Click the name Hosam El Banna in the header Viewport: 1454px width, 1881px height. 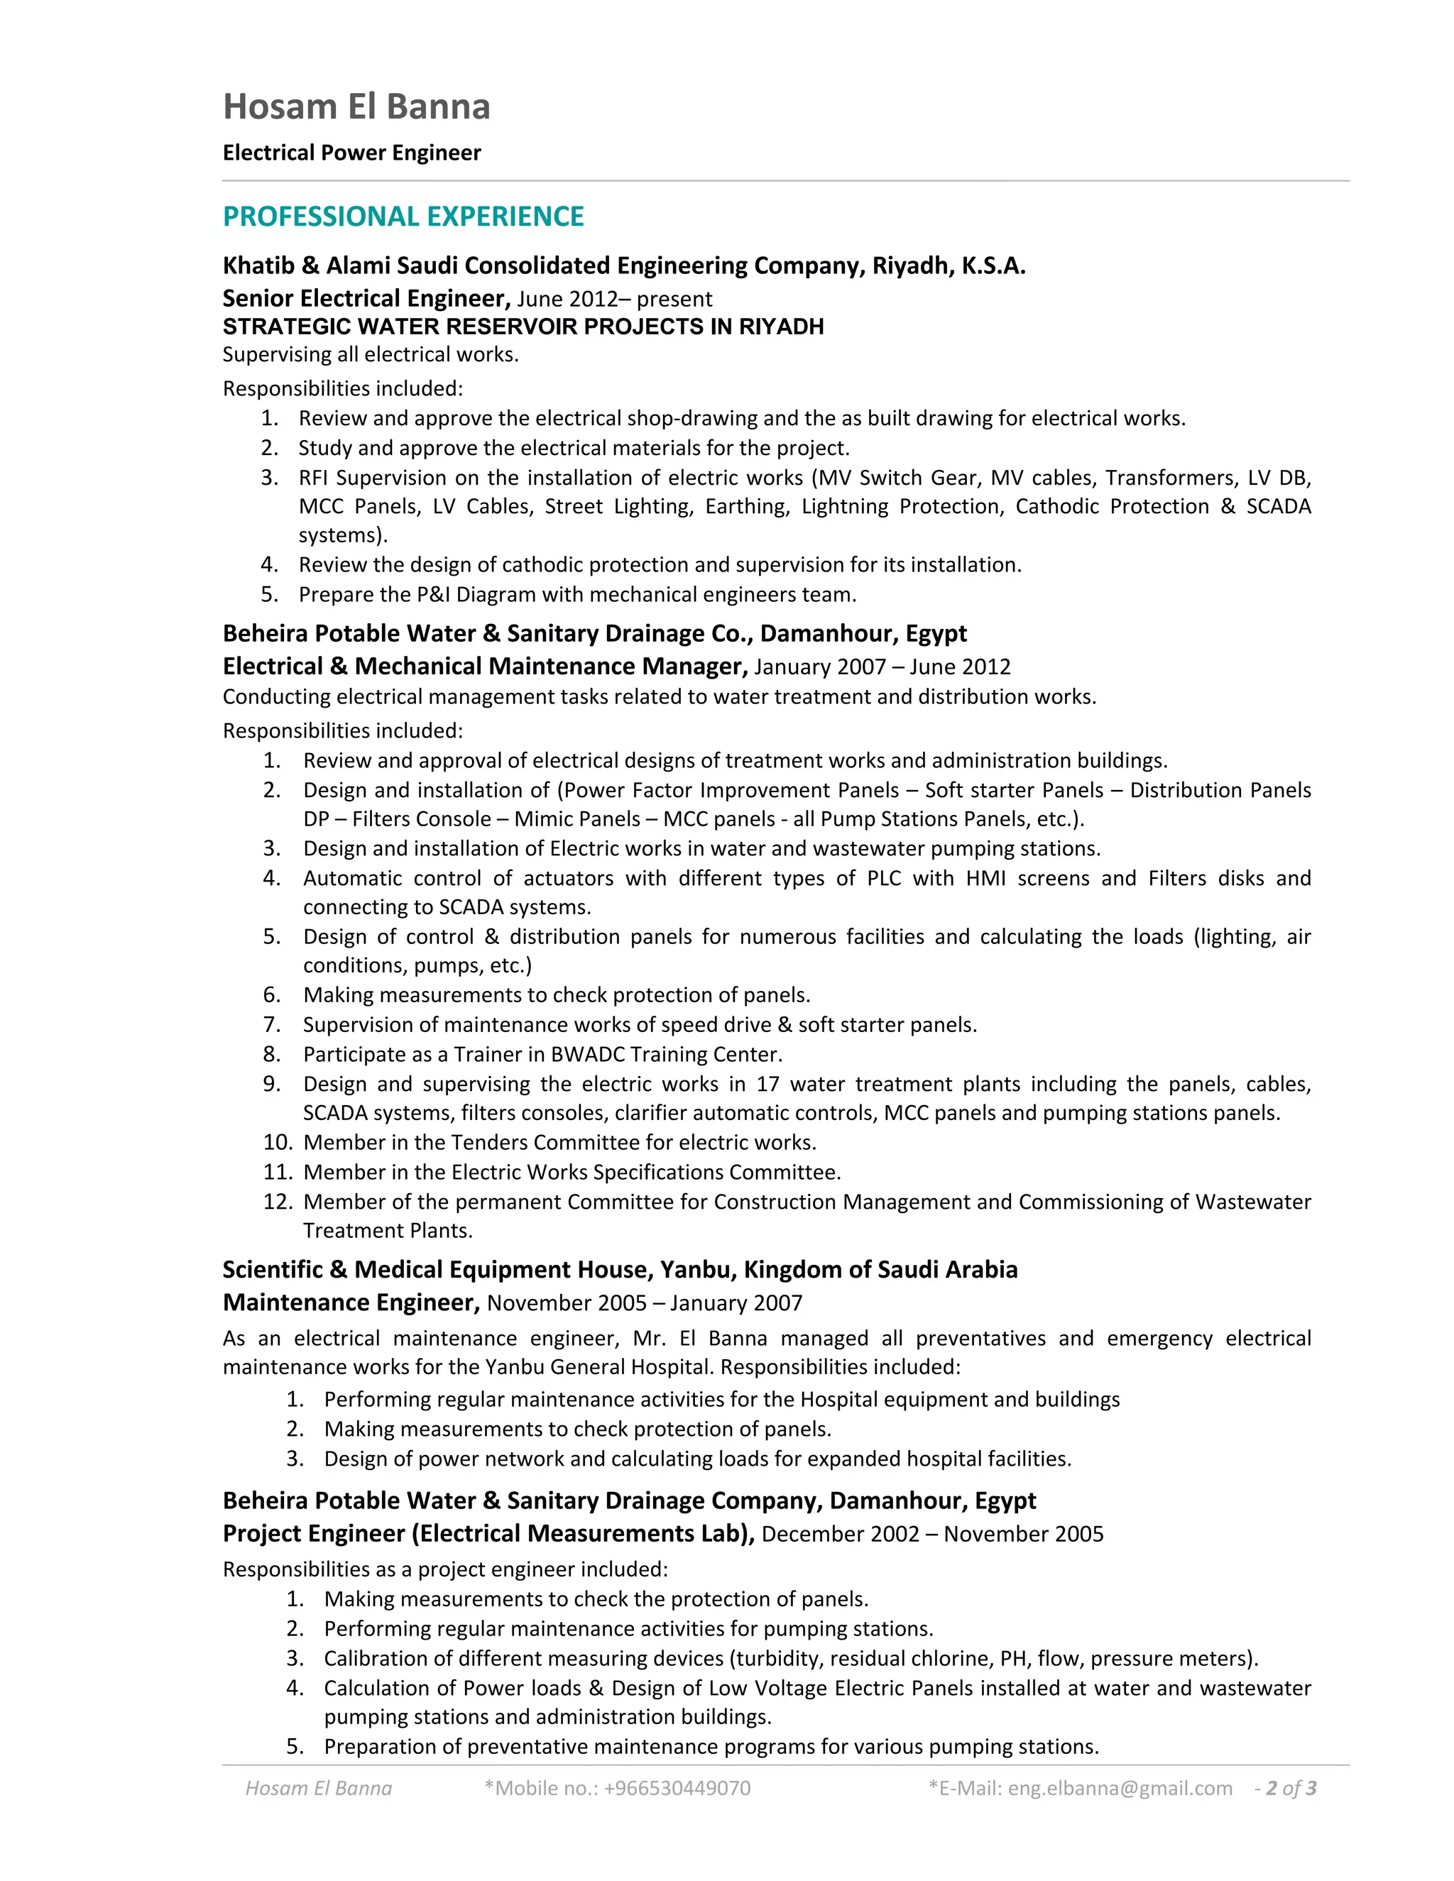tap(356, 106)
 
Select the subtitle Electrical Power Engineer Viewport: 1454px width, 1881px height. tap(351, 153)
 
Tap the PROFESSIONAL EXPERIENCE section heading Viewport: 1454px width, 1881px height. tap(403, 216)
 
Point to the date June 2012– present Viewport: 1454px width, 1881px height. tap(614, 299)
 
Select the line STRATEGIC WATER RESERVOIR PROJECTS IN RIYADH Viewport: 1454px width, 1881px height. tap(523, 327)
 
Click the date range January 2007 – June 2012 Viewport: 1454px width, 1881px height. tap(882, 667)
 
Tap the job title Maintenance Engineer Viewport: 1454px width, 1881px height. tap(351, 1303)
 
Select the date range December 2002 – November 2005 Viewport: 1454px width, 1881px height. tap(932, 1534)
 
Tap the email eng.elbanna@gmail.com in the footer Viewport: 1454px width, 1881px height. tap(1120, 1788)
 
